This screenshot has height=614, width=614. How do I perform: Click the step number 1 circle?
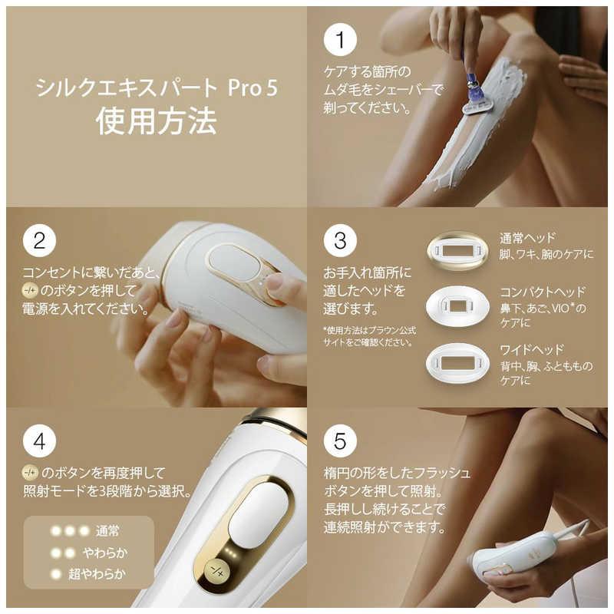[x=339, y=41]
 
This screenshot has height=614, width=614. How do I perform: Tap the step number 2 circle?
[x=39, y=241]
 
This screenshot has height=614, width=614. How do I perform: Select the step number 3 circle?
[x=339, y=241]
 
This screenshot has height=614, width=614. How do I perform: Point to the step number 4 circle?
[x=39, y=441]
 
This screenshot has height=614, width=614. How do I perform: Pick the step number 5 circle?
[x=339, y=441]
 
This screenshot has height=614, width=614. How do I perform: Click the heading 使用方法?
[x=157, y=121]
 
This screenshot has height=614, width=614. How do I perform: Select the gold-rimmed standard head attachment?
[x=457, y=251]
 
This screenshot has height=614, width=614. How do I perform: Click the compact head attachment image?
[x=457, y=306]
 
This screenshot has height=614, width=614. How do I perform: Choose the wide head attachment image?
[x=457, y=362]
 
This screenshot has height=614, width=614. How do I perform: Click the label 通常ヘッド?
[x=527, y=238]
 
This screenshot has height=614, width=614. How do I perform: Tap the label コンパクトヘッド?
[x=543, y=292]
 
